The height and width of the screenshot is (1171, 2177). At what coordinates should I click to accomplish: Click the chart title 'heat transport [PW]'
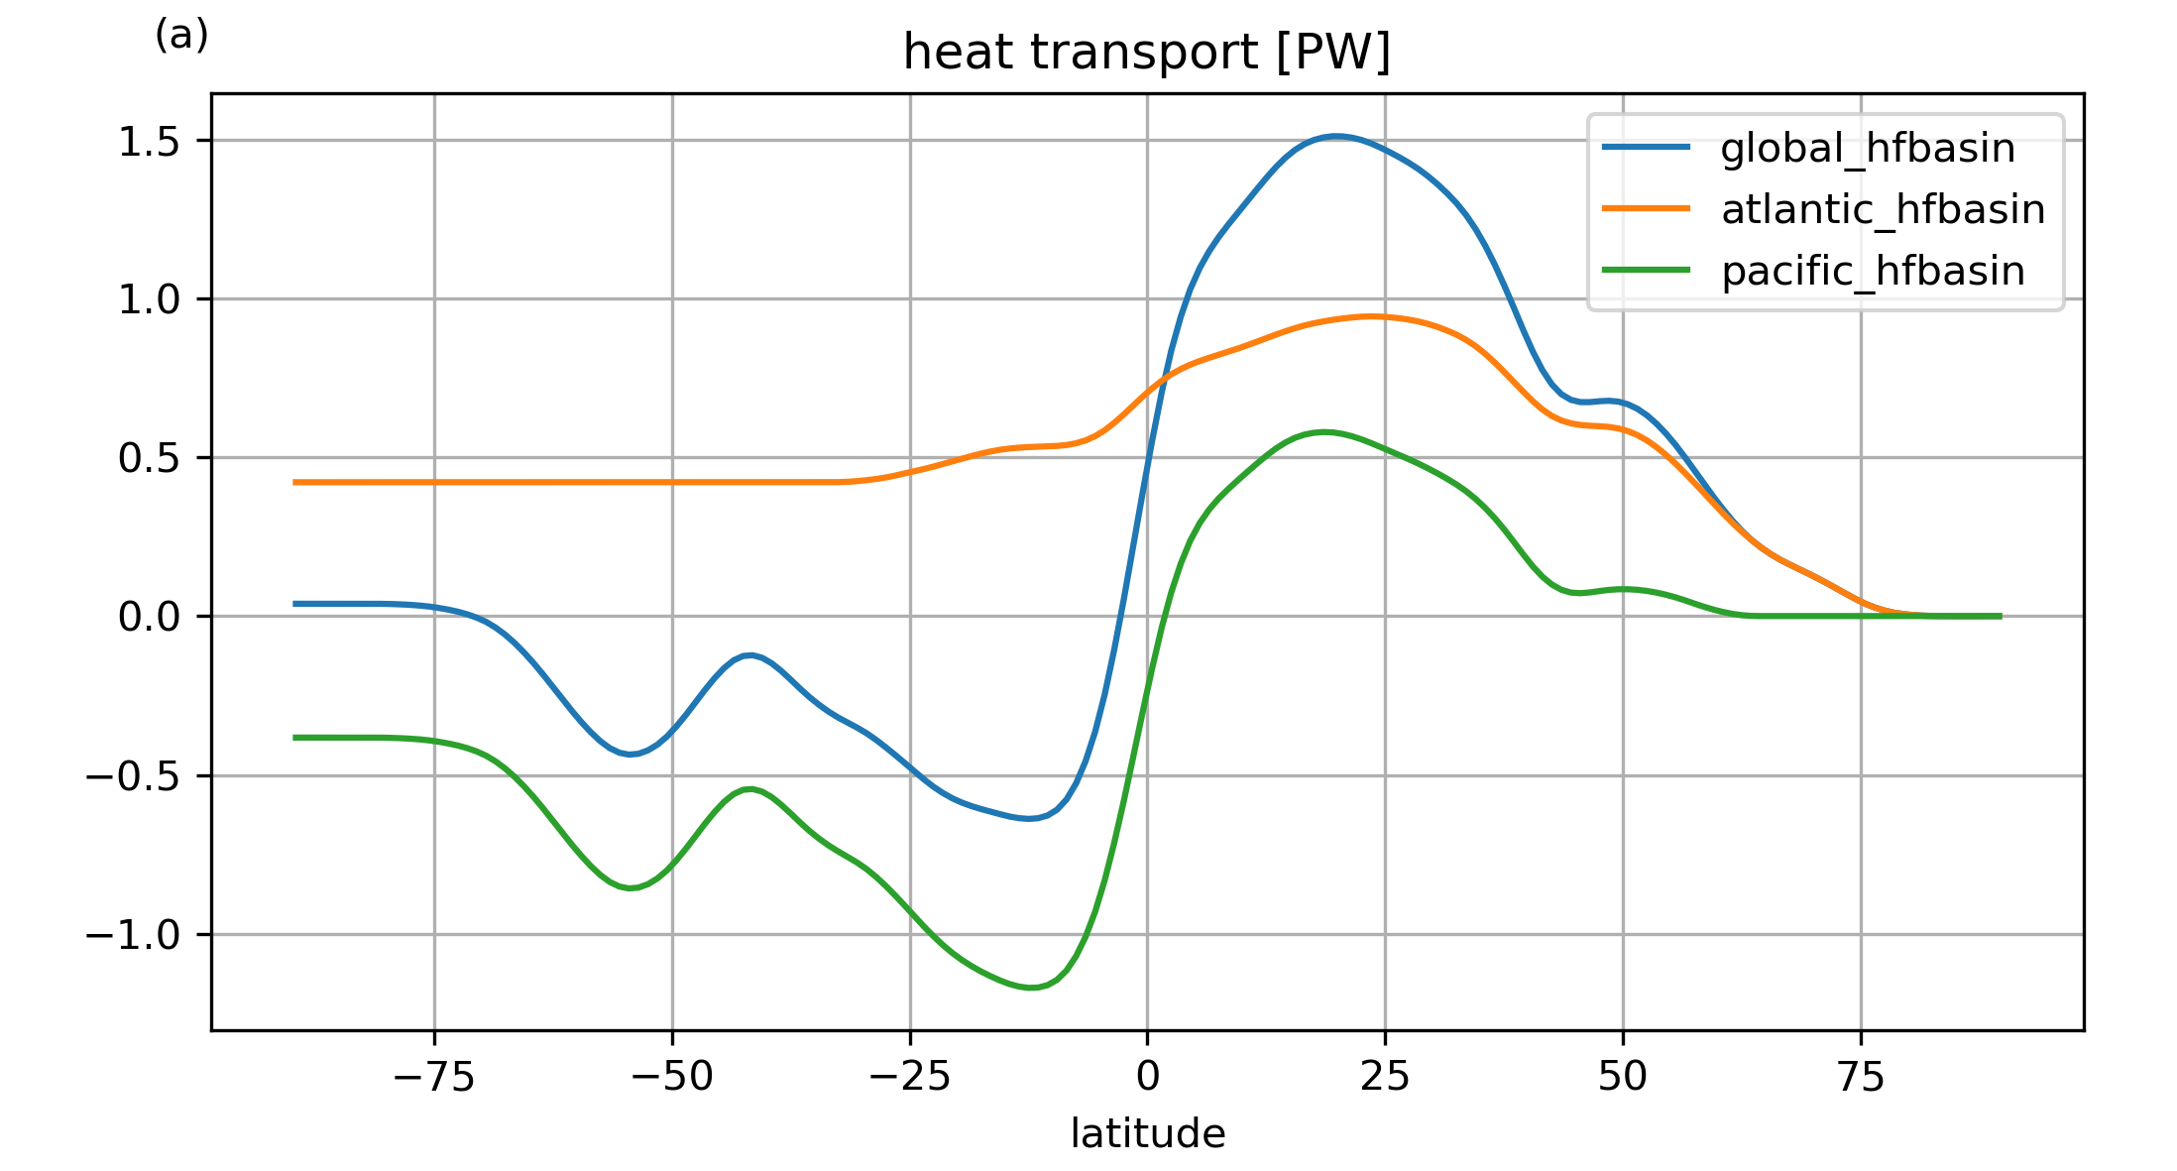coord(1147,53)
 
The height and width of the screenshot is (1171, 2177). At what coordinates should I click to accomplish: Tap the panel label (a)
coord(181,36)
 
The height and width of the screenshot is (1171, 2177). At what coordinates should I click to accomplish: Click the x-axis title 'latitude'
coord(1147,1133)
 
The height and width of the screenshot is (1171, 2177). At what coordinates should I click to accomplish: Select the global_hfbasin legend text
coord(1868,149)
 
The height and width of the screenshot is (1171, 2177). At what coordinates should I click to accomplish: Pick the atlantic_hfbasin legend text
coord(1883,210)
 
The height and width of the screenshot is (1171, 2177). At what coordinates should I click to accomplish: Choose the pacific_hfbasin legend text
coord(1873,272)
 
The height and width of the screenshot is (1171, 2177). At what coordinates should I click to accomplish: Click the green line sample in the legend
coord(1646,270)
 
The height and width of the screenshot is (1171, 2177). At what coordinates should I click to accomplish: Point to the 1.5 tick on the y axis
coord(149,142)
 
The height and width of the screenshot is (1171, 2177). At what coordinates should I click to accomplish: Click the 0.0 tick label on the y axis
coord(149,618)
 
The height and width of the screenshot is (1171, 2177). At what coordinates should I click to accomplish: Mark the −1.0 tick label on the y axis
coord(133,935)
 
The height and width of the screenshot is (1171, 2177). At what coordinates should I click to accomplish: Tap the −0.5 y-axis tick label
coord(133,776)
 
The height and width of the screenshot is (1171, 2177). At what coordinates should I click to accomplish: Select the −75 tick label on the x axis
coord(434,1077)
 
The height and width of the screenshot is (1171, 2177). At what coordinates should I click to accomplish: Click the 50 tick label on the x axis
coord(1623,1077)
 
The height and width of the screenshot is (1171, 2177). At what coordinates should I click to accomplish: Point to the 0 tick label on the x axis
coord(1148,1077)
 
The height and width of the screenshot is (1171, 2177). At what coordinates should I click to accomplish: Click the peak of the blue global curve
coord(1336,136)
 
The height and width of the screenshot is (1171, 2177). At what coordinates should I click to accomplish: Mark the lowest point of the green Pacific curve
coord(1031,988)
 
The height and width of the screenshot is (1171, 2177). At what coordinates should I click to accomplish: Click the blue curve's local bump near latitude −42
coord(750,655)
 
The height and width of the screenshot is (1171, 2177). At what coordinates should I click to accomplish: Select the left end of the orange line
coord(294,482)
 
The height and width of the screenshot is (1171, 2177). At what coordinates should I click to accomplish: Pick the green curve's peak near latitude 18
coord(1323,431)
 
